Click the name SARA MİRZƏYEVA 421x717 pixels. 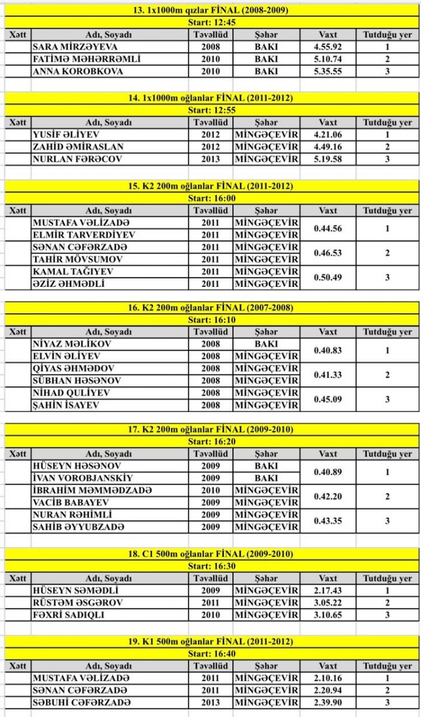click(x=75, y=47)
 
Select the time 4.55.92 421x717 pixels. click(x=328, y=47)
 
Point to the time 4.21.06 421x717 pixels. click(x=328, y=135)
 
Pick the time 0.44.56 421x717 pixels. click(x=328, y=229)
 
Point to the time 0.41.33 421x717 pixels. click(x=328, y=375)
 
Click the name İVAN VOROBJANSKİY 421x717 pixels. click(x=82, y=478)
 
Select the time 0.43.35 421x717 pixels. click(x=328, y=520)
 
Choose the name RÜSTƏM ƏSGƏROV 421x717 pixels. click(x=78, y=603)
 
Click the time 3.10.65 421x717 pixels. click(x=328, y=615)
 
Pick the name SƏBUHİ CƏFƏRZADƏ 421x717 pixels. click(x=81, y=703)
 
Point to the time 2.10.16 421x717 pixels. click(x=328, y=678)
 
